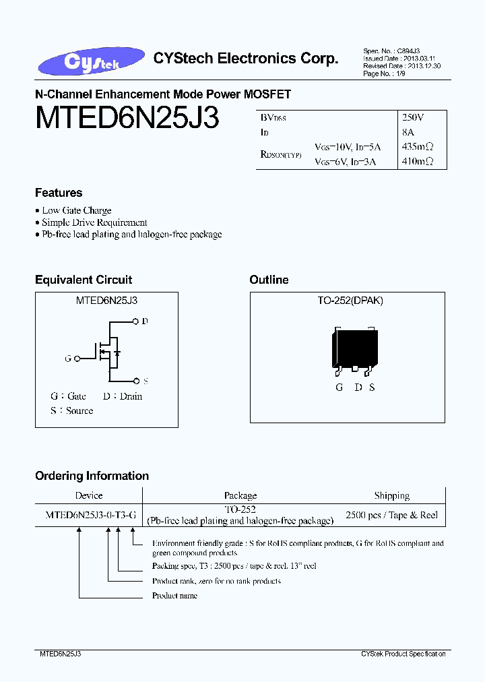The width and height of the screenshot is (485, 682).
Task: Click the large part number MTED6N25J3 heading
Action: (127, 119)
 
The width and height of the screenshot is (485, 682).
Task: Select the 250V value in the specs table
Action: (413, 117)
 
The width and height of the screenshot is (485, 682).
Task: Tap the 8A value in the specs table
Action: (408, 132)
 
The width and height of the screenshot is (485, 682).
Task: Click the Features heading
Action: (59, 193)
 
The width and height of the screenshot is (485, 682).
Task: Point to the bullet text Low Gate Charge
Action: (77, 211)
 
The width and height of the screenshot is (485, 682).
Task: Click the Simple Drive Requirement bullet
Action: (94, 222)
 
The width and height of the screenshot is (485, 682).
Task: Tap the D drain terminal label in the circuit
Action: (145, 321)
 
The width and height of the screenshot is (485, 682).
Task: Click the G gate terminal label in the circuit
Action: (68, 359)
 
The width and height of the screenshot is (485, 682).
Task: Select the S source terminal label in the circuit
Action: (145, 380)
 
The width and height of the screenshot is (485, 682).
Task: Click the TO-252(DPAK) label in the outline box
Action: (350, 301)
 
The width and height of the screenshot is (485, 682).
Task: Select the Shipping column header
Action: (391, 495)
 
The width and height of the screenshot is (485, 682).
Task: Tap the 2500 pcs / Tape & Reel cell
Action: (391, 515)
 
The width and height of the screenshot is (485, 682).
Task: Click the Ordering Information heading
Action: (92, 476)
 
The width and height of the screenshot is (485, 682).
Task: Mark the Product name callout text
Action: (174, 596)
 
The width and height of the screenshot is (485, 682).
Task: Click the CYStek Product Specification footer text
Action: (403, 654)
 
